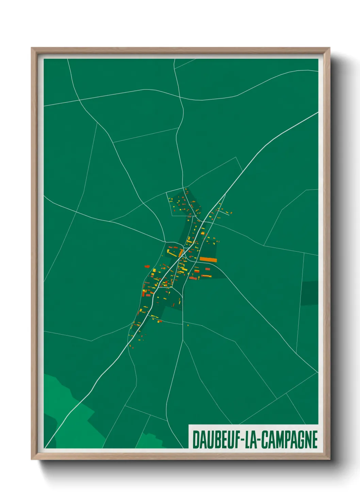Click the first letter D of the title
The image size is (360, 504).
196,440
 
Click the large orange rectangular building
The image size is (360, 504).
208,260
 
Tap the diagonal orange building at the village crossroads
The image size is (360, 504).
181,253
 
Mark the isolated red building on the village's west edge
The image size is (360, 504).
147,266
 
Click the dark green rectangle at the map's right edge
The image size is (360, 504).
310,293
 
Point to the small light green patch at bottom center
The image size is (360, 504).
150,441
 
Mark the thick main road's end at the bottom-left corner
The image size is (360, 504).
46,447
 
